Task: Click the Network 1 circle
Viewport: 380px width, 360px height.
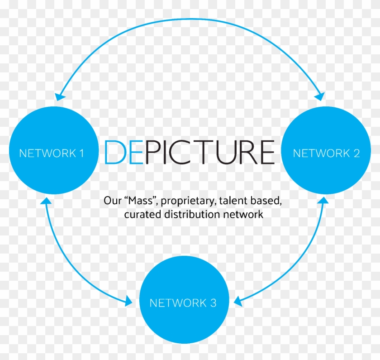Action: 54,150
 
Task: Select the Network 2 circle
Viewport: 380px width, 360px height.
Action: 326,150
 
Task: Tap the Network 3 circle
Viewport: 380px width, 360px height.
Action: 184,300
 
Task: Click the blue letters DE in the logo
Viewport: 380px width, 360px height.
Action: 123,152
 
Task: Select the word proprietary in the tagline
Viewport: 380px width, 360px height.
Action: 188,202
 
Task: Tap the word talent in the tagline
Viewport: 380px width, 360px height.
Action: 233,201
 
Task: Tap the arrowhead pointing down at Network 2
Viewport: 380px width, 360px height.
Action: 320,96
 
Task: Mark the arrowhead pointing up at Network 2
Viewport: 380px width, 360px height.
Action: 324,201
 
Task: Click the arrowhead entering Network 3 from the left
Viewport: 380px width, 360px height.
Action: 128,302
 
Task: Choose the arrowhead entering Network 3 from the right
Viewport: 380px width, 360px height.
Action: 238,302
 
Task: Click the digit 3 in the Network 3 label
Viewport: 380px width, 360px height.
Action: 213,303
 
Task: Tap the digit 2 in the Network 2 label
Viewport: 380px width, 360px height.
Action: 356,154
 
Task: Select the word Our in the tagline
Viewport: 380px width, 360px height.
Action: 113,201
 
